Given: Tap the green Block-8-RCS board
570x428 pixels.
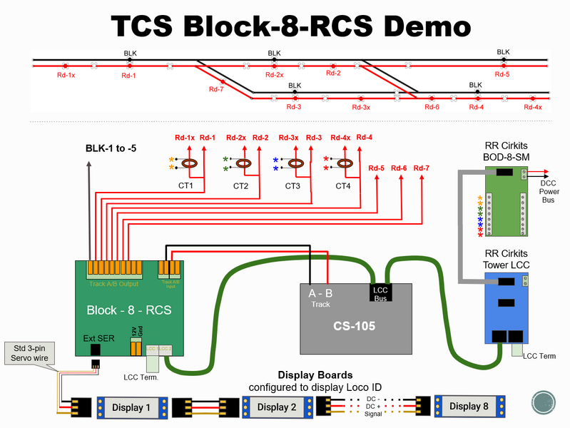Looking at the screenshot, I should (x=128, y=307).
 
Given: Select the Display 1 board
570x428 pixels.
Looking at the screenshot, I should (x=131, y=407).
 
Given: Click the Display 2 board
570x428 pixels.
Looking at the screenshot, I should (x=277, y=407).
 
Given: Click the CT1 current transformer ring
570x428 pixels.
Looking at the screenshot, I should (x=190, y=164).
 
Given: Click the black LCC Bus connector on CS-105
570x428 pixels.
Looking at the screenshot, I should (x=380, y=292).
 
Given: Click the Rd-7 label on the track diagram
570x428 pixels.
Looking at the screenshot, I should (x=216, y=89).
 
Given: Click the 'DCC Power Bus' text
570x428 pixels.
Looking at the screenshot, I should (x=549, y=192).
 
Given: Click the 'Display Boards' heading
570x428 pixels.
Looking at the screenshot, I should (x=315, y=374).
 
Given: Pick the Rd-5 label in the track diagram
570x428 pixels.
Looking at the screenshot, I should (x=502, y=74).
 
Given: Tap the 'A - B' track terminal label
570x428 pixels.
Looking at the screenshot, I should (x=320, y=292).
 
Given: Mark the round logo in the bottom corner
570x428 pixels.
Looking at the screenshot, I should (x=544, y=402).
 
